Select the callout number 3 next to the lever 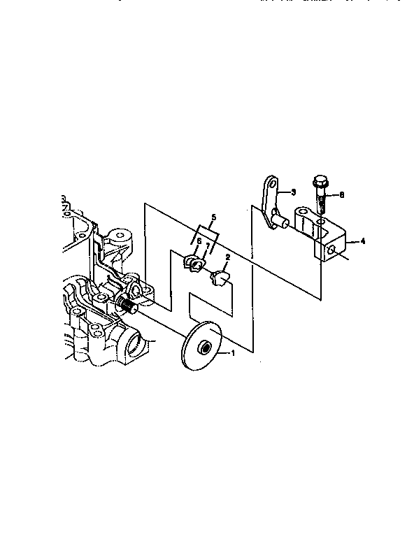[x=293, y=192]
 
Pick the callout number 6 [x=199, y=241]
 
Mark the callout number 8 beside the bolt [x=342, y=196]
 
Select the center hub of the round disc [x=204, y=348]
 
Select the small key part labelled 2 [x=218, y=278]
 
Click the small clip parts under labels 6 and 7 [x=194, y=264]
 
